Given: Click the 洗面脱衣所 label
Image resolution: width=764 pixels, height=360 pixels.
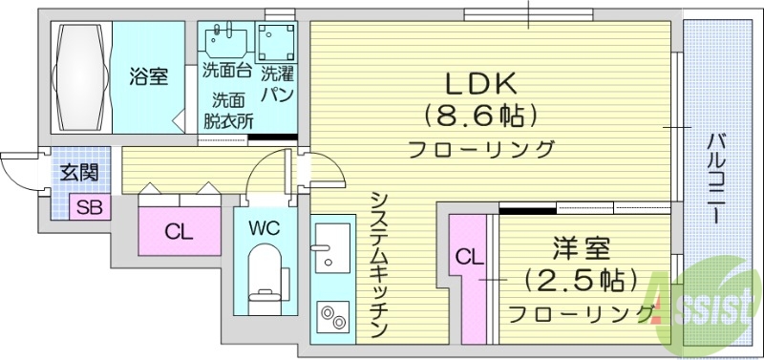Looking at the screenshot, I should point(228,110).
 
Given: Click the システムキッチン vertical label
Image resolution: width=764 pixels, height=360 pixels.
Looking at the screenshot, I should point(378,263).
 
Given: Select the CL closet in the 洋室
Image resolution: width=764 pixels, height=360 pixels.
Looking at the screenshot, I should point(466,257).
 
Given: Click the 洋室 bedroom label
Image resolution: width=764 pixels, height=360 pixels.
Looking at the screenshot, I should point(579,249).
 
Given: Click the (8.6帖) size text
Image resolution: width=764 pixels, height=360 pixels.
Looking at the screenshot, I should point(480,116).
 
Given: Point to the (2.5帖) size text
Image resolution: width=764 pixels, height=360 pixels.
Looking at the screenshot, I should point(580,281).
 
